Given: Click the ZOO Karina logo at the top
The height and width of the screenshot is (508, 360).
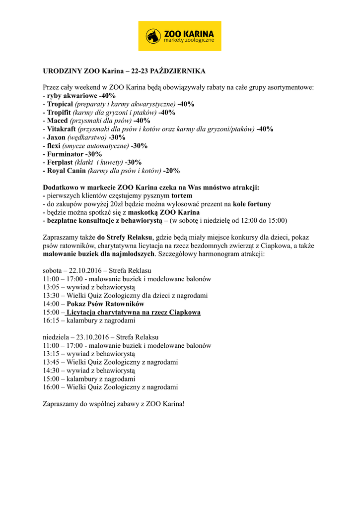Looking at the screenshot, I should pos(180,36).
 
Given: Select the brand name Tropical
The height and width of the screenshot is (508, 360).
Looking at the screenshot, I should pos(60,104).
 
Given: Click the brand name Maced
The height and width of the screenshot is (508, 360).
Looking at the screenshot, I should pos(58,121).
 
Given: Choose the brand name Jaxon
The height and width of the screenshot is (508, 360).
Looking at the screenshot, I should pos(57,137).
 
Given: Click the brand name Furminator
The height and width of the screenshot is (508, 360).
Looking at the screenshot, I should pos(65,154).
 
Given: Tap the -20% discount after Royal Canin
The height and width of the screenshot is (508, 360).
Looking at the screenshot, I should pos(171,171).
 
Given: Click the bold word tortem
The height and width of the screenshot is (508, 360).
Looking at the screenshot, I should pos(182,196).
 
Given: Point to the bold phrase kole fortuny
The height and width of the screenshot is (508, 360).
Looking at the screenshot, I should pos(252,204).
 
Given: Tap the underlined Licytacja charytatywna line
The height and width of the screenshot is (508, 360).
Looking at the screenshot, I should pos(134,313).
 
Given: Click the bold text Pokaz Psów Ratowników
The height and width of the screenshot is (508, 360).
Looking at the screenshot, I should pos(105,304).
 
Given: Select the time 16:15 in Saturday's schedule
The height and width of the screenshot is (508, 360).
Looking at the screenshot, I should pos(51,321).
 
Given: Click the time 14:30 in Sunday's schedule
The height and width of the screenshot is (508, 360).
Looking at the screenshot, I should pos(51,371).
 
